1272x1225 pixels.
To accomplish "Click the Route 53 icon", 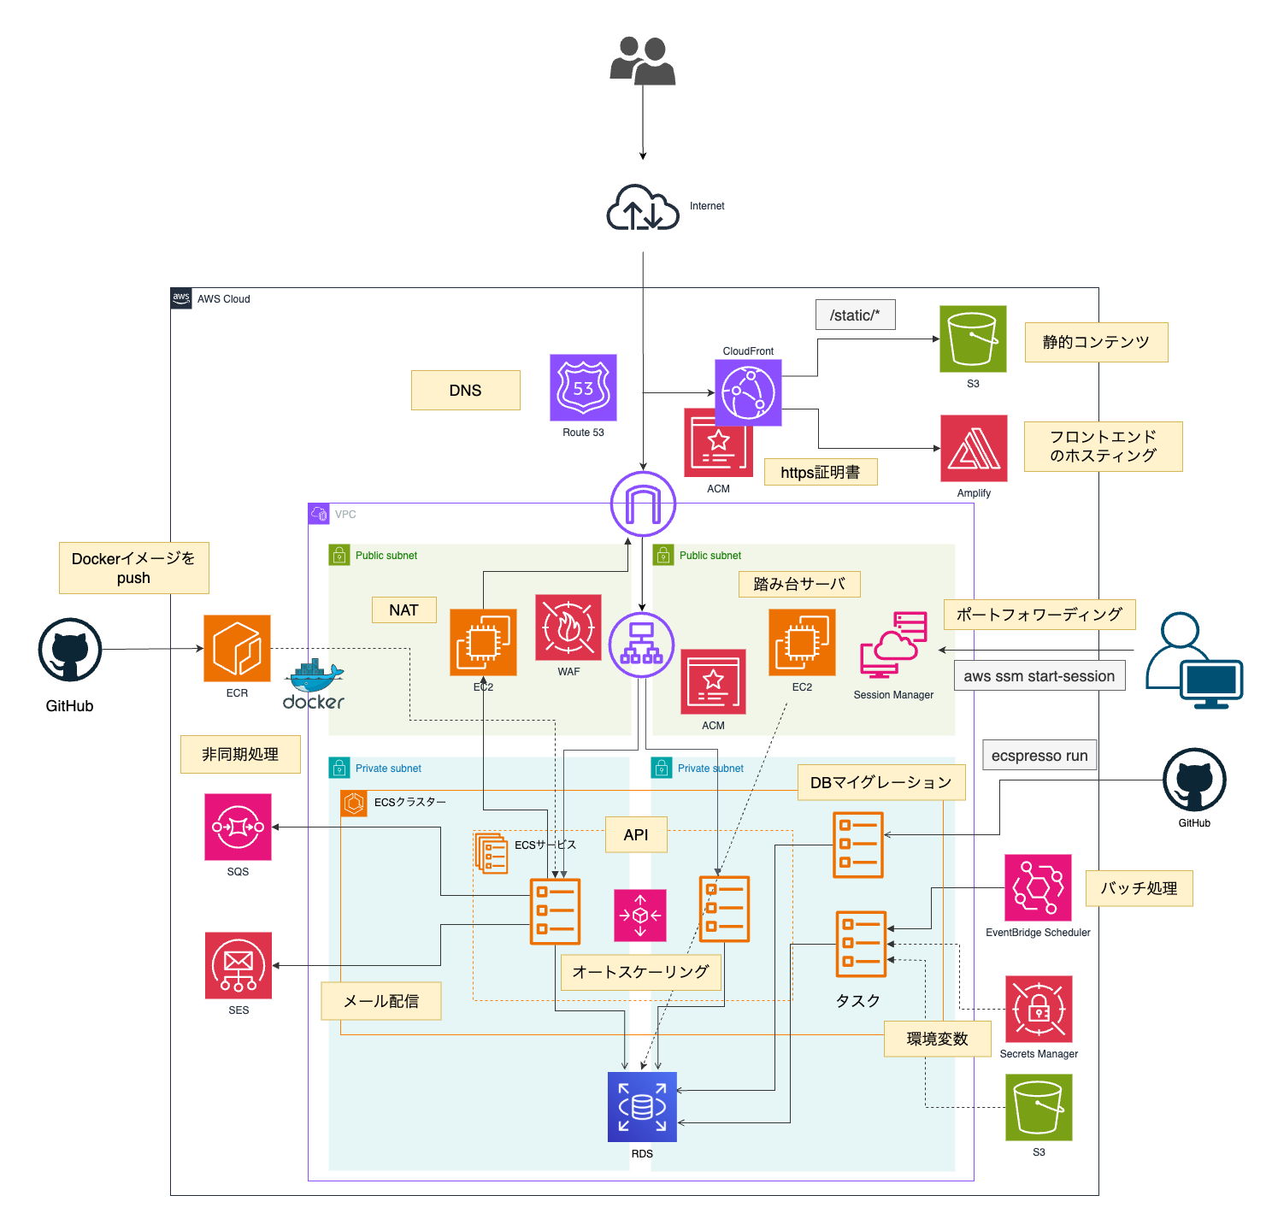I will click(583, 388).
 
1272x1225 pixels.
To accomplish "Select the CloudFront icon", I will click(748, 392).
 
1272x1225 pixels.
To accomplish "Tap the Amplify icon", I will click(974, 449).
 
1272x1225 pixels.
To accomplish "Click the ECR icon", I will click(237, 648).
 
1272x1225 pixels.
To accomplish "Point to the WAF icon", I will click(568, 627).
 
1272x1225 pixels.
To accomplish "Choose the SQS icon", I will click(238, 827).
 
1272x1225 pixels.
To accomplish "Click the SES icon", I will click(238, 965).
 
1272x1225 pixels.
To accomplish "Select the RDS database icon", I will click(642, 1107).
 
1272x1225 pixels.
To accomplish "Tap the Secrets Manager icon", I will click(1039, 1010).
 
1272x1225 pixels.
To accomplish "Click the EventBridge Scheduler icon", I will click(1038, 887).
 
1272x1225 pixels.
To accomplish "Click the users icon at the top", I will click(643, 61).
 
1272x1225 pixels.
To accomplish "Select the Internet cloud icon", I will click(643, 208).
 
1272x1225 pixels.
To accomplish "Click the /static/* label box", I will click(855, 315).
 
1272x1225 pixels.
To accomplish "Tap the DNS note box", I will click(466, 390).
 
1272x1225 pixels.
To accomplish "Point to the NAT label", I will click(404, 610).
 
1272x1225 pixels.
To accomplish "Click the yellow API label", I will click(636, 834).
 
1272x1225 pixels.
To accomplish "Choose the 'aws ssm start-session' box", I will click(1039, 675).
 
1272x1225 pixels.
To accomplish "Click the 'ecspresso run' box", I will click(1039, 755).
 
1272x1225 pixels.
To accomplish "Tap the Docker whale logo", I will click(314, 685).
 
